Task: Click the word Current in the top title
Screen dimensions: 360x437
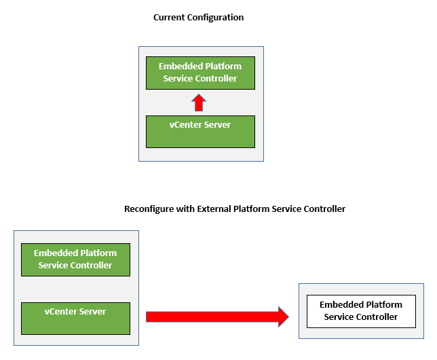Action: click(x=170, y=17)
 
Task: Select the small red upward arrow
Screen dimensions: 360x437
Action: click(x=198, y=103)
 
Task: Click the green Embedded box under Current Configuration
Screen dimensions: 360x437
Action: click(x=200, y=73)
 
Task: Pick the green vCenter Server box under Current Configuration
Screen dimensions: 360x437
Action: click(x=200, y=132)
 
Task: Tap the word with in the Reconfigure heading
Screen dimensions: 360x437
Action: click(x=185, y=209)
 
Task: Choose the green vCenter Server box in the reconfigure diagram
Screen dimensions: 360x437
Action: click(x=75, y=319)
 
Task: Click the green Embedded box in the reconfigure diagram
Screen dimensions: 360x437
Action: click(x=75, y=259)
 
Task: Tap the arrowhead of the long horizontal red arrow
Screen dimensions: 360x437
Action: click(x=281, y=317)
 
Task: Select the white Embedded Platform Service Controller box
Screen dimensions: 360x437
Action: click(x=360, y=311)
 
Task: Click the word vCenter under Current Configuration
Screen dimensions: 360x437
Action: click(x=185, y=124)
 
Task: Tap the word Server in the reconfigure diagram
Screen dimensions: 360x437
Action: click(x=92, y=311)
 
